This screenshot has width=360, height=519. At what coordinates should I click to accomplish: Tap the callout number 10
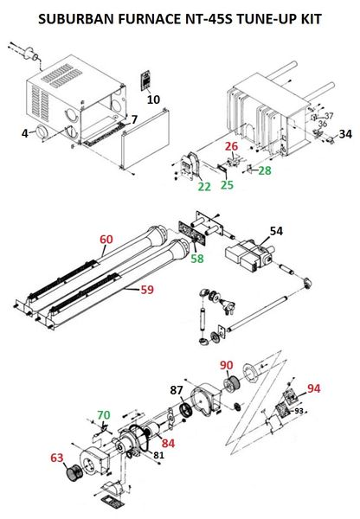coord(153,99)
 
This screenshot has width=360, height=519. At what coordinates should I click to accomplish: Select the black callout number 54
coord(276,231)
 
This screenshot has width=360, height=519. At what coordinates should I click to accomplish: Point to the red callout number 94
coord(313,388)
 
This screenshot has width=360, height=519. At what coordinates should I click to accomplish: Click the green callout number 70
coord(104,414)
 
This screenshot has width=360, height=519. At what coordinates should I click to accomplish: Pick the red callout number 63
coord(56,458)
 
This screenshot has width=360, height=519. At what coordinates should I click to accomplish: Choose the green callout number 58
coord(196,259)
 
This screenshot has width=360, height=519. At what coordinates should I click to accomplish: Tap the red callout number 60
coord(106,240)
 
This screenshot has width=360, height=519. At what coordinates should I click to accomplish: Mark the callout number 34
coord(345,134)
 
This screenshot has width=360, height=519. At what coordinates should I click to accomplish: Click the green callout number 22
coord(204,187)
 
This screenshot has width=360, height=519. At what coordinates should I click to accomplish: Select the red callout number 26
coord(232,146)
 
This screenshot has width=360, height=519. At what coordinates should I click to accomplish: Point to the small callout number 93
coord(299,411)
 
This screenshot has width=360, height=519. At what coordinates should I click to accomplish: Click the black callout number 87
coord(177,390)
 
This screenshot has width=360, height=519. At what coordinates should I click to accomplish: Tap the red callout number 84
coord(168,443)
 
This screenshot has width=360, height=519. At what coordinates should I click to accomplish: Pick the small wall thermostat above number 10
coord(145,80)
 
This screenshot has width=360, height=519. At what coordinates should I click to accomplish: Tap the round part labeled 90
coord(232,384)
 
